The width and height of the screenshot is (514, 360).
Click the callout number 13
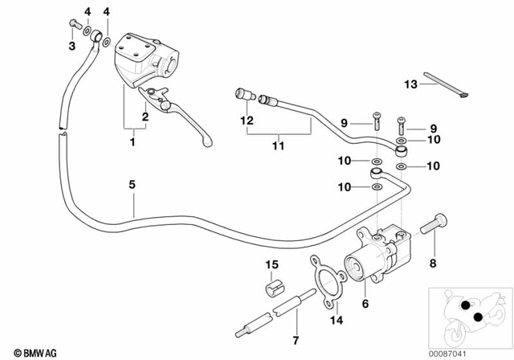[x=410, y=84]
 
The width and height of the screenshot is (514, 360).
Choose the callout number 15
[x=272, y=265]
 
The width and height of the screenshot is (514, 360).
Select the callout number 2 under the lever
[x=145, y=117]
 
